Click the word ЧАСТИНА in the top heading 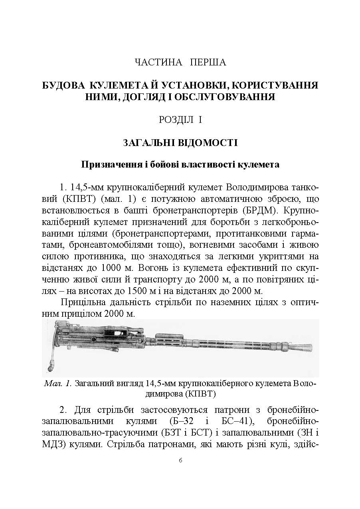coord(153,62)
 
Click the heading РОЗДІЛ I coord(180,120)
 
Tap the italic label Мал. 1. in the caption coord(58,384)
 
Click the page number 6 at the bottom coord(180,460)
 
